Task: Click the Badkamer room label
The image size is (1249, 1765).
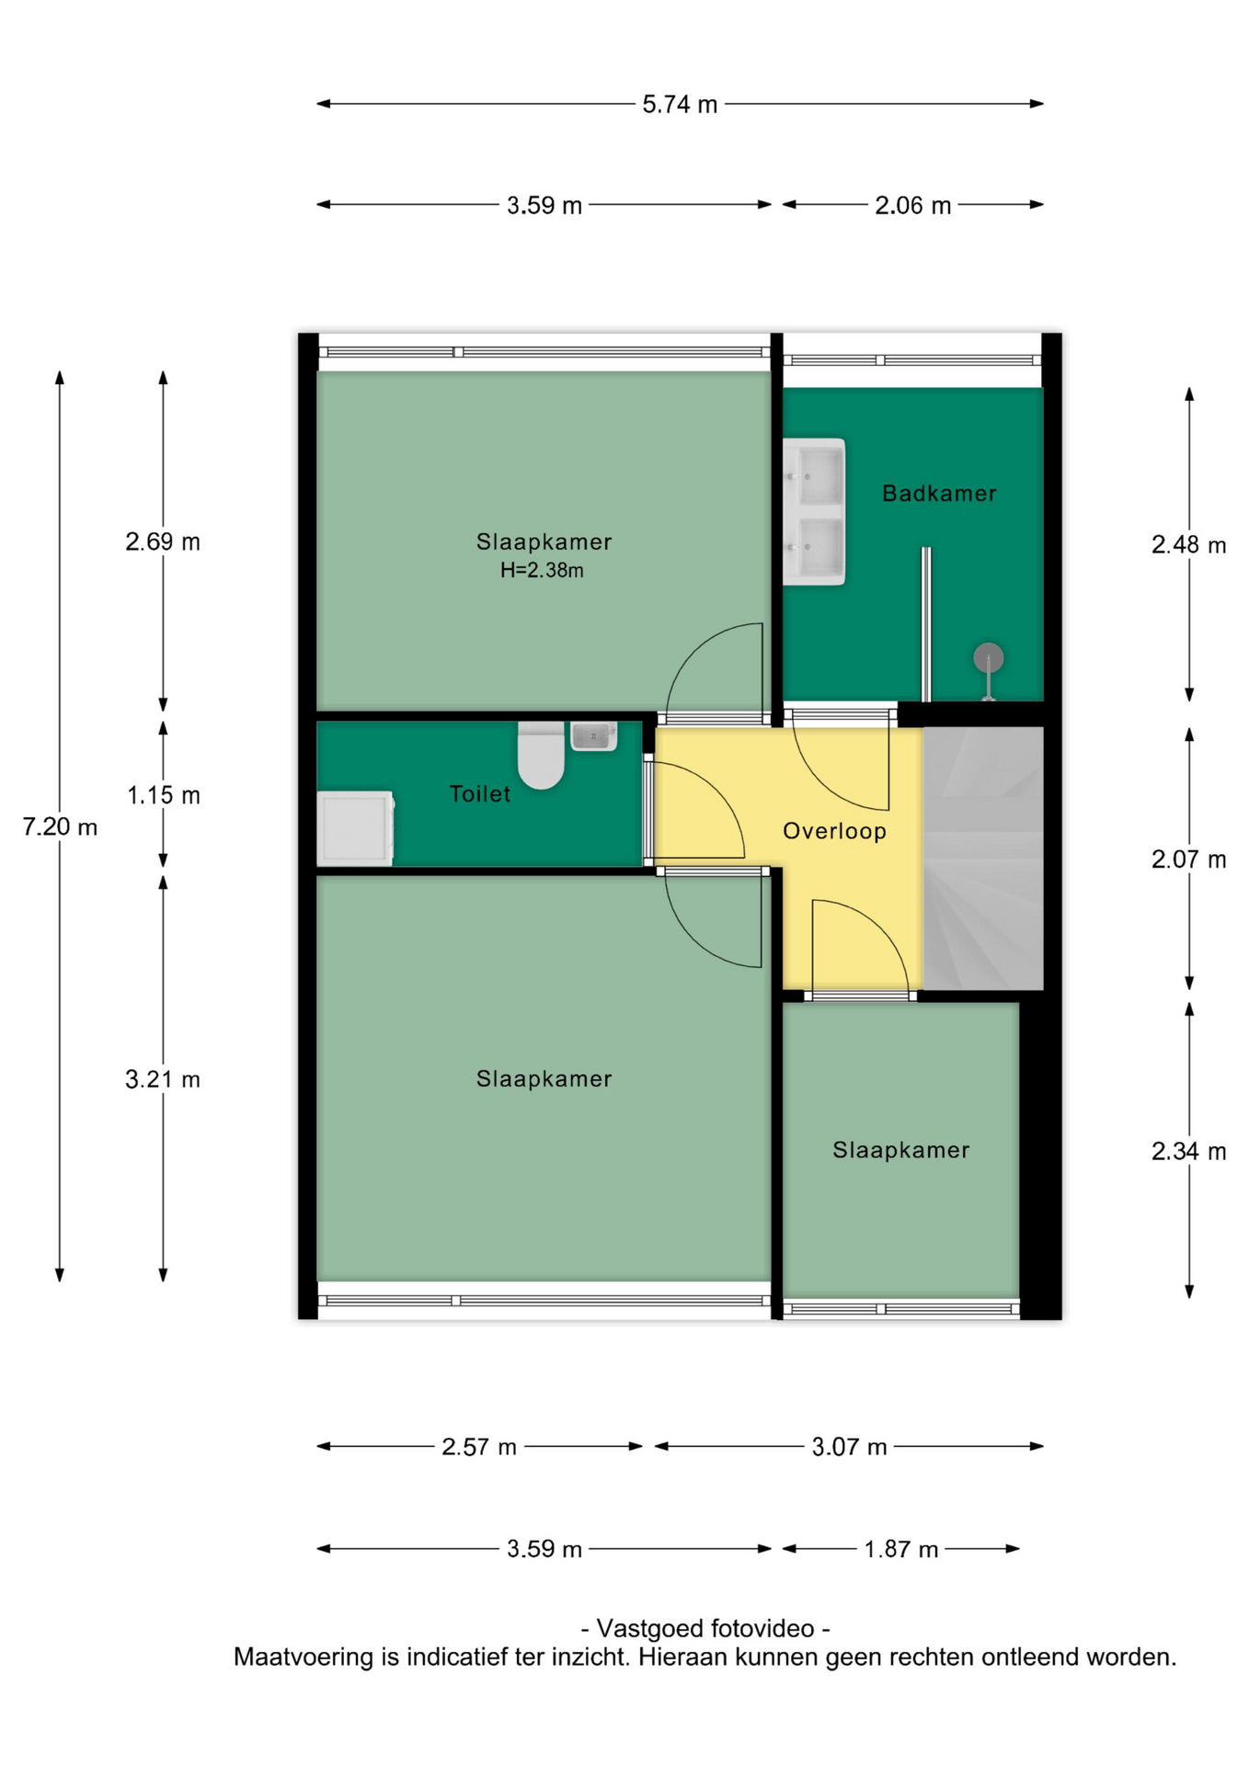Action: click(x=938, y=494)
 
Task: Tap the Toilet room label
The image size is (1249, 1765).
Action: click(x=479, y=793)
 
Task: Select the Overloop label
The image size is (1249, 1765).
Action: click(x=834, y=831)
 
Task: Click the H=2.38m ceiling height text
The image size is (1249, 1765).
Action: click(x=542, y=570)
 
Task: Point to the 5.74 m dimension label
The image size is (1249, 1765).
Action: click(x=680, y=105)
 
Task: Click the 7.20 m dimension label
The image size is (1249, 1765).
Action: click(x=60, y=827)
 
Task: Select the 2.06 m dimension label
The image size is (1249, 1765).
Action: click(x=912, y=205)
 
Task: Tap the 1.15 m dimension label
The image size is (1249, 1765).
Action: click(x=163, y=795)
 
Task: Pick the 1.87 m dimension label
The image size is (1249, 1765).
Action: click(x=900, y=1550)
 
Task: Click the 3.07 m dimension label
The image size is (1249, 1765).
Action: click(x=849, y=1448)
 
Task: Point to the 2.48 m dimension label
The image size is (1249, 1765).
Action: click(x=1188, y=545)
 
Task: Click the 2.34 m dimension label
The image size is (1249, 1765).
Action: click(x=1188, y=1151)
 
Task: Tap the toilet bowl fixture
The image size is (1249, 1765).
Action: click(x=541, y=755)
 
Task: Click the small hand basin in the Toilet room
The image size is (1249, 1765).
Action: click(x=593, y=735)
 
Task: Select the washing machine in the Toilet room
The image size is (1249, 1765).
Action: click(x=356, y=828)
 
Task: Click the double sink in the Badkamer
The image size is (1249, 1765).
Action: click(x=814, y=511)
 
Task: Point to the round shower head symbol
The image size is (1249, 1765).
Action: click(x=988, y=658)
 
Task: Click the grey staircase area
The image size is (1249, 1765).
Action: click(x=983, y=859)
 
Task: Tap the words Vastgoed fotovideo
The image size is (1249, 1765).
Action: click(x=705, y=1629)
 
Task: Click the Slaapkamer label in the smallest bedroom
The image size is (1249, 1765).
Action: click(x=900, y=1150)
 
